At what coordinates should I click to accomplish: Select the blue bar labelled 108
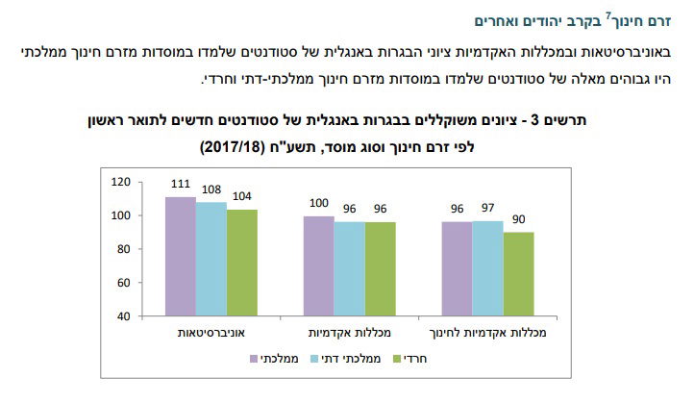[211, 259]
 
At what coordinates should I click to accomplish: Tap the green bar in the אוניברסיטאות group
[241, 262]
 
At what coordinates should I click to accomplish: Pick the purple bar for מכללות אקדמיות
[318, 265]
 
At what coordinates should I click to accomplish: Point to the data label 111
[180, 184]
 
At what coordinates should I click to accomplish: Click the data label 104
[242, 196]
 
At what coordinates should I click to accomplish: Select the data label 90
[519, 219]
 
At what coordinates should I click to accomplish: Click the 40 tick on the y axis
[122, 315]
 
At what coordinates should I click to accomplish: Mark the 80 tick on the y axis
[122, 249]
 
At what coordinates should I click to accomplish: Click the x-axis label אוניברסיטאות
[211, 332]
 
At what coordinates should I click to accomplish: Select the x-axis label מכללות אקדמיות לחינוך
[487, 332]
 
